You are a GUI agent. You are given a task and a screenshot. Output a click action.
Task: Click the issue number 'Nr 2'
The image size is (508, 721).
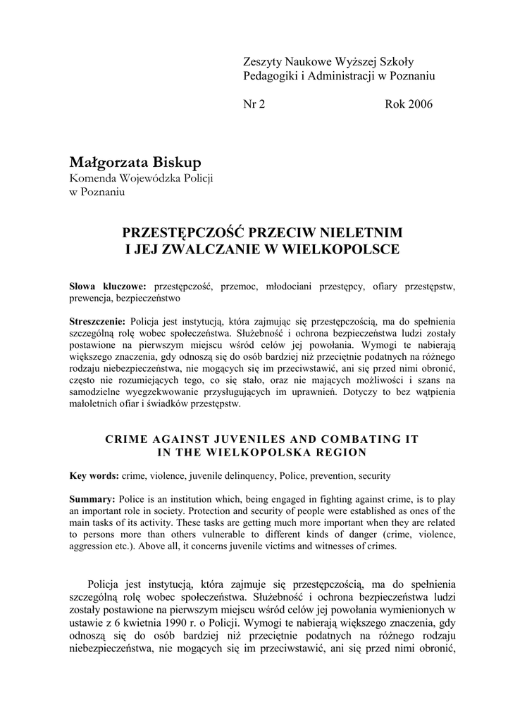pyautogui.click(x=254, y=104)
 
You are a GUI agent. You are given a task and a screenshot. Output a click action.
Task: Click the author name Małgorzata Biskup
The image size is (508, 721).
pyautogui.click(x=135, y=163)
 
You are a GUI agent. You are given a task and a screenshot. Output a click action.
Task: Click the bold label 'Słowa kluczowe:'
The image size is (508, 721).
pyautogui.click(x=108, y=287)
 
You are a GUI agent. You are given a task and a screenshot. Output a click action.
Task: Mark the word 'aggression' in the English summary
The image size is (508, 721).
pyautogui.click(x=94, y=546)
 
